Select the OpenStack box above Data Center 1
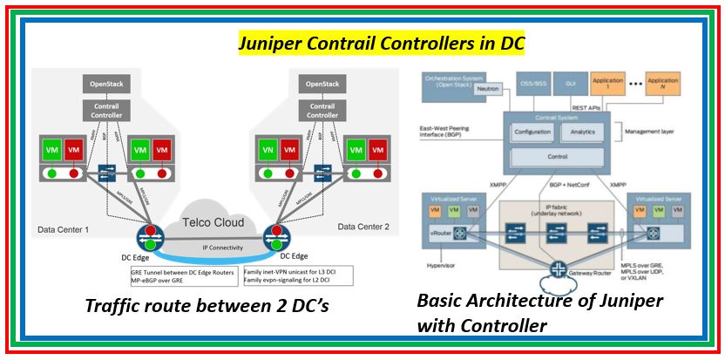pos(107,85)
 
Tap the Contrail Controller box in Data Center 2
pos(322,110)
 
